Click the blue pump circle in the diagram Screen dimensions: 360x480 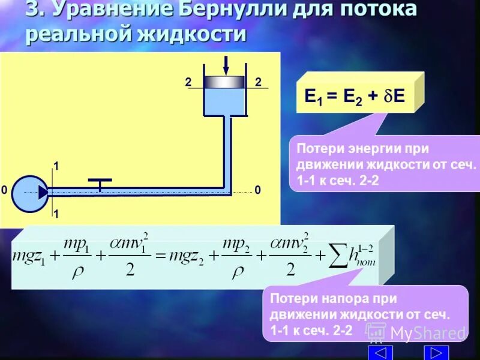coord(28,192)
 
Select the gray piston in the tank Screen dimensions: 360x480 coord(224,82)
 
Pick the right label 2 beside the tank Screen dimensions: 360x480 coord(258,83)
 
